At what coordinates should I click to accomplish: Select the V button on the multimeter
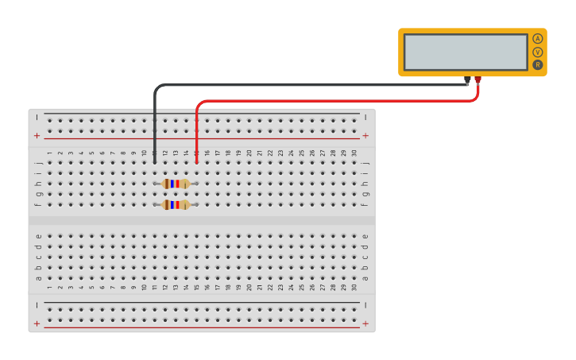538,52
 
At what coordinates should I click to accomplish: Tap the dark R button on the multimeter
538,64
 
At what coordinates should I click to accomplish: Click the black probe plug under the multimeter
467,79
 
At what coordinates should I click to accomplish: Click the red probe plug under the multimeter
477,79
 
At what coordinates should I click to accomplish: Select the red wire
334,101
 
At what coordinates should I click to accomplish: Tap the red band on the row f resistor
178,204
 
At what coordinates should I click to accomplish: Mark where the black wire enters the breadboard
155,162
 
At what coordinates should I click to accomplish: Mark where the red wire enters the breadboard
196,162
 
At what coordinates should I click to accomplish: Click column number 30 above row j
354,153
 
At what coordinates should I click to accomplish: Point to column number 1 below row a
49,287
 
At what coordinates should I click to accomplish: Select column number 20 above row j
249,153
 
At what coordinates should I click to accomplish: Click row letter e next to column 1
38,236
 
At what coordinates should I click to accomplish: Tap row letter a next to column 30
365,277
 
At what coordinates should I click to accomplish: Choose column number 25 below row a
302,287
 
